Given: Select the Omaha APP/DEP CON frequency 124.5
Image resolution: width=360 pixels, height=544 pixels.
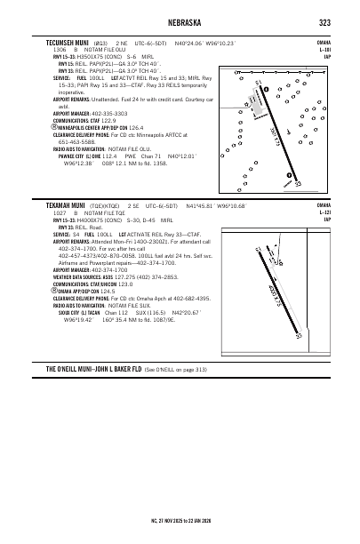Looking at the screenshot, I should point(108,290).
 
